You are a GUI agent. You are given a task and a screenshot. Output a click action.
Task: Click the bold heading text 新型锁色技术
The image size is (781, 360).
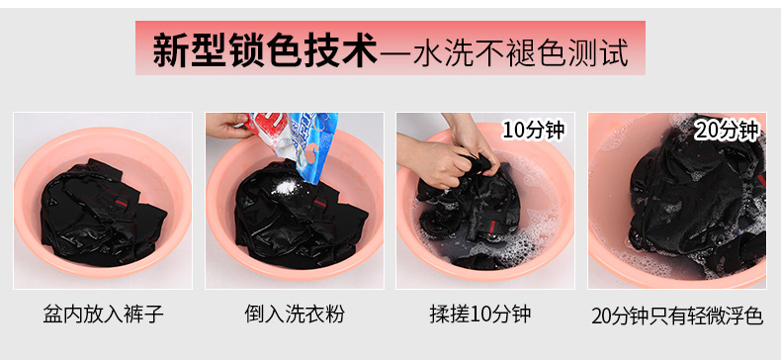coord(265,49)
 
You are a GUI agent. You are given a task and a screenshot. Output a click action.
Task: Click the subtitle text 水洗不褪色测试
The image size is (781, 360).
coord(520,50)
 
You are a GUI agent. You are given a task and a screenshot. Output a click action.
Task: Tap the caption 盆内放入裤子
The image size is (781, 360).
coord(103,315)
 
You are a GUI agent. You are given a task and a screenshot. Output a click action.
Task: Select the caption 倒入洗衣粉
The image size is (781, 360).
coord(295,315)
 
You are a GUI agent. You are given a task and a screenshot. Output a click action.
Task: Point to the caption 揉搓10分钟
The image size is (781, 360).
coord(480,315)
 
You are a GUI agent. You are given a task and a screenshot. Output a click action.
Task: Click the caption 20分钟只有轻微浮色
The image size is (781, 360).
coord(677,315)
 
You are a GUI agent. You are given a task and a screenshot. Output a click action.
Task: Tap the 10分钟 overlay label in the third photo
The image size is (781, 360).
coord(534,130)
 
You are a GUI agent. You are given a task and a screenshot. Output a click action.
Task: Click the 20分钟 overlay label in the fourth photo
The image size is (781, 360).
coord(727,131)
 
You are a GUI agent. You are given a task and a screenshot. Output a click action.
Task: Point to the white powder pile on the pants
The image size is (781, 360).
coord(285,188)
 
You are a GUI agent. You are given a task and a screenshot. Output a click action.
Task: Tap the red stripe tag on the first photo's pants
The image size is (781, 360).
coord(122,203)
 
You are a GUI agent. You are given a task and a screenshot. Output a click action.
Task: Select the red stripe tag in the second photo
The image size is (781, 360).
coord(319,203)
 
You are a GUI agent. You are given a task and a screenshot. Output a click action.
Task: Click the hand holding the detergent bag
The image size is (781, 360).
coord(226,126)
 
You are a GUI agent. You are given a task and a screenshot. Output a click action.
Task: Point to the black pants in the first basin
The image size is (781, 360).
coord(102,212)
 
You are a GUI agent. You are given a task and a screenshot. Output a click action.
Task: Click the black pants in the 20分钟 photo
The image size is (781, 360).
coord(697,197)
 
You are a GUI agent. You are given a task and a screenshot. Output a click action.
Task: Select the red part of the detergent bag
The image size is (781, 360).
coord(267,129)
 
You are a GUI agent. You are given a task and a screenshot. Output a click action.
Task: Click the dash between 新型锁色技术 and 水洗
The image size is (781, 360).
coord(395,51)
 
